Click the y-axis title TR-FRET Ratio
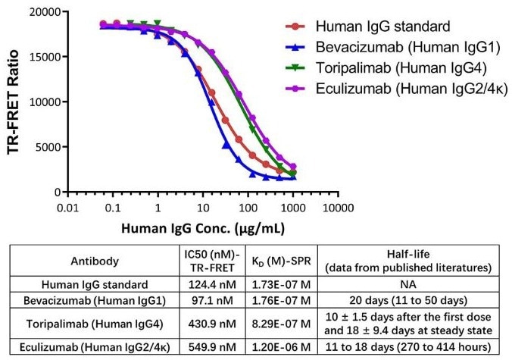pos(13,101)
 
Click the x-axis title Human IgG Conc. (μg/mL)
pos(201,227)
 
